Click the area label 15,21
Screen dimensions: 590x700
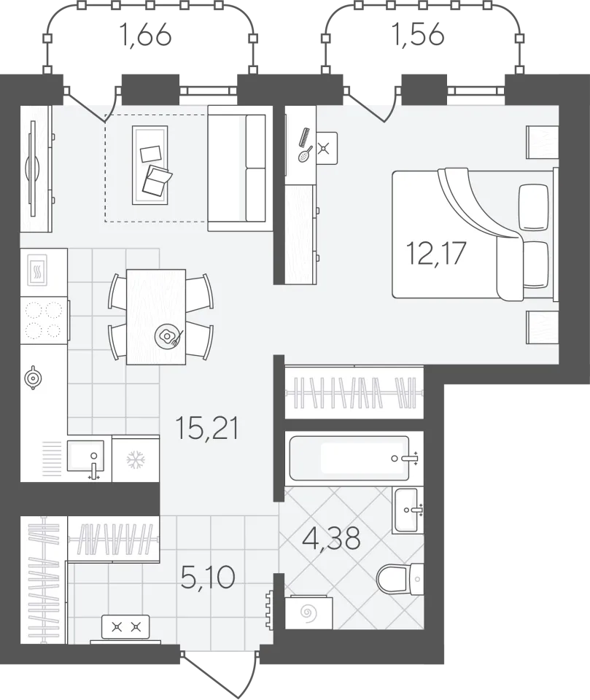[x=207, y=428]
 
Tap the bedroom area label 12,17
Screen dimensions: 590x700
[x=435, y=253]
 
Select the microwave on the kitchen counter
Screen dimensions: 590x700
[x=37, y=270]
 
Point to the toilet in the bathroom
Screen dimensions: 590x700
[x=400, y=579]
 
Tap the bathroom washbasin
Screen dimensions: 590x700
[x=405, y=510]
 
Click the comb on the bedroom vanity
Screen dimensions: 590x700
[x=304, y=137]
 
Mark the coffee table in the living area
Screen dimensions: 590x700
[x=150, y=165]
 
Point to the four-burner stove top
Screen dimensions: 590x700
[x=44, y=319]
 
